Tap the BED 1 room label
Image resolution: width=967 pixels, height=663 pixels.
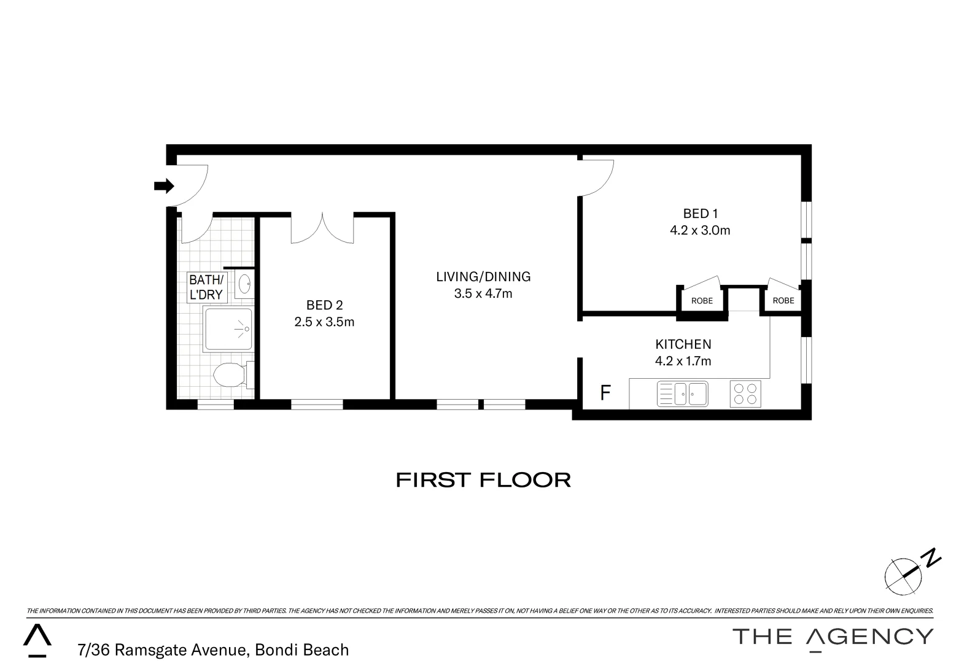point(700,214)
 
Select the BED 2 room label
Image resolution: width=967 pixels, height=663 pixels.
point(324,305)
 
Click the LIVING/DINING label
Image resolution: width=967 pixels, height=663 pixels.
point(483,277)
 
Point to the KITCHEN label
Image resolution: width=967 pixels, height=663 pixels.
point(683,344)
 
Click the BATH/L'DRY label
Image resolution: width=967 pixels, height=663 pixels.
point(206,287)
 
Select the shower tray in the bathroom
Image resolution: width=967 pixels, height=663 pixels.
point(228,330)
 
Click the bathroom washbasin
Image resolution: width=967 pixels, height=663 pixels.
point(244,284)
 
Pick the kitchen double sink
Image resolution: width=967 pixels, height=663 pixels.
point(682,394)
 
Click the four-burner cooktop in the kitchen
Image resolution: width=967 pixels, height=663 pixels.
point(745,394)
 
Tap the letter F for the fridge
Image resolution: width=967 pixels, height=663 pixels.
point(605,393)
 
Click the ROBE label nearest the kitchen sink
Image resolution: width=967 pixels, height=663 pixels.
point(702,301)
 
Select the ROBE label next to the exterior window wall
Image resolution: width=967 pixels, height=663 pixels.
point(783,301)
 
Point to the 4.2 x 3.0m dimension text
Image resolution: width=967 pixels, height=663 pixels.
point(700,231)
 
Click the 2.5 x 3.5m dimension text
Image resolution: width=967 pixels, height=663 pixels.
point(324,322)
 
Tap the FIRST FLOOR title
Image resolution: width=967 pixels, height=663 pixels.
point(483,479)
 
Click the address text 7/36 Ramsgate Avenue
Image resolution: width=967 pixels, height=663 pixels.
point(163,649)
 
